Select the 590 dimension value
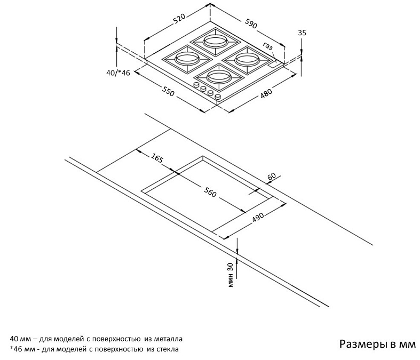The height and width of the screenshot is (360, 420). (251, 25)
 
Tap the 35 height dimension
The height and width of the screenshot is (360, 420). (302, 33)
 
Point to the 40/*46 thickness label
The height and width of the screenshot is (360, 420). (118, 73)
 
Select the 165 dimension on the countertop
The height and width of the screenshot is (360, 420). (157, 158)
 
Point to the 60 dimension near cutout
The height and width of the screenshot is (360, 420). (271, 177)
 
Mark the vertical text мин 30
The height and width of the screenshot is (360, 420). (231, 274)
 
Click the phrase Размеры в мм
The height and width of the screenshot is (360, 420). (376, 344)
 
